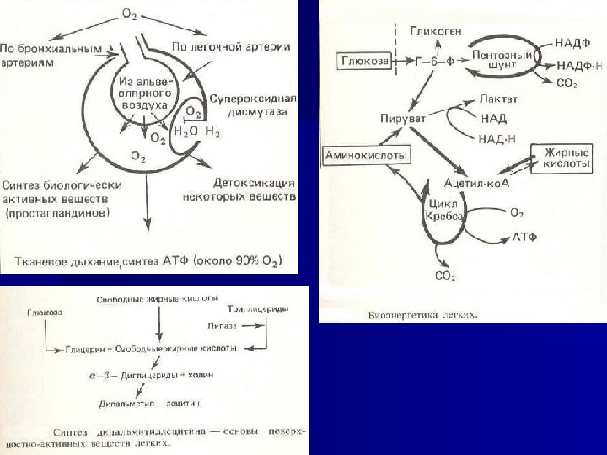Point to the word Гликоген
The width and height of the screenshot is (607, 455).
tap(435, 31)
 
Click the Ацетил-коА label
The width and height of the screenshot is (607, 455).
tap(482, 182)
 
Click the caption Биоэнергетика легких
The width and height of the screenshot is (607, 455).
tap(425, 316)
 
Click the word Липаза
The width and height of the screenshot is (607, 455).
tap(222, 324)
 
